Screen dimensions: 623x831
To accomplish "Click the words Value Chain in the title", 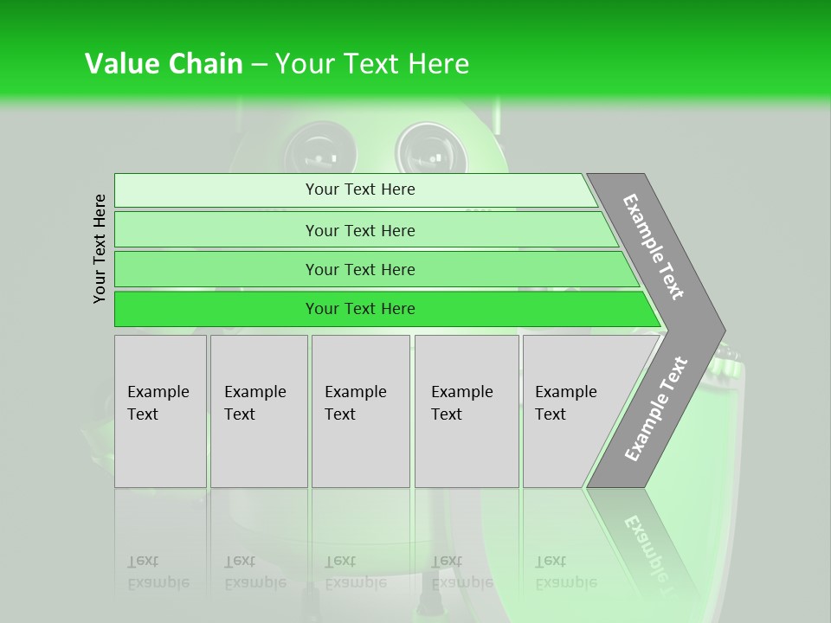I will pos(164,64).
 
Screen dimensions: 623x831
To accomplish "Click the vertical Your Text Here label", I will pos(100,248).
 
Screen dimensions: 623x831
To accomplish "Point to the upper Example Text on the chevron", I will pos(654,247).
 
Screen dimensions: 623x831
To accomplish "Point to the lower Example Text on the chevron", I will pos(655,408).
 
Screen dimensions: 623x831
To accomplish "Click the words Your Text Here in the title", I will pos(372,64).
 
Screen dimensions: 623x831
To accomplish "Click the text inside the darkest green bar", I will pos(360,309).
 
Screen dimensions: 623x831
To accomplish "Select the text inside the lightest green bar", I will pos(360,189).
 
